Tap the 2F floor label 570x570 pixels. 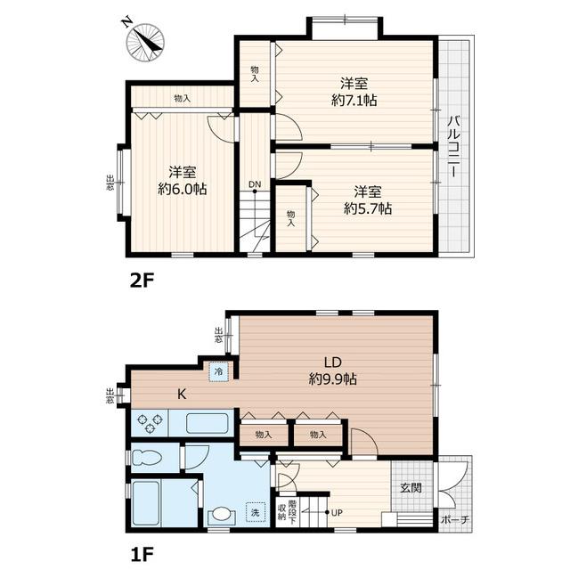(x=142, y=281)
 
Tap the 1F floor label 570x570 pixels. (x=142, y=554)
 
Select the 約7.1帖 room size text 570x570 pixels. (x=354, y=100)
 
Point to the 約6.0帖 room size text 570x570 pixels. (x=182, y=189)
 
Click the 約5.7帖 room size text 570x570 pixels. (x=368, y=208)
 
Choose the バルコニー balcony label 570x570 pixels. (x=454, y=146)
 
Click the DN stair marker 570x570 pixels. (x=255, y=184)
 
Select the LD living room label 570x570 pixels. (x=332, y=362)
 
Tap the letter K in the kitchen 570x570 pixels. (x=182, y=394)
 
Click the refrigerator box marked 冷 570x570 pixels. (x=218, y=371)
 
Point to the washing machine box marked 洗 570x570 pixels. (x=256, y=512)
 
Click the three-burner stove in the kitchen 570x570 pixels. (x=150, y=423)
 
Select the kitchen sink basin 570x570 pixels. (x=208, y=423)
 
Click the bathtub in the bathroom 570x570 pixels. (x=146, y=503)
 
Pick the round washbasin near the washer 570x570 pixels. (x=221, y=515)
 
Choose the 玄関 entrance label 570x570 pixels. (x=411, y=487)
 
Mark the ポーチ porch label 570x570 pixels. (x=455, y=520)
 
